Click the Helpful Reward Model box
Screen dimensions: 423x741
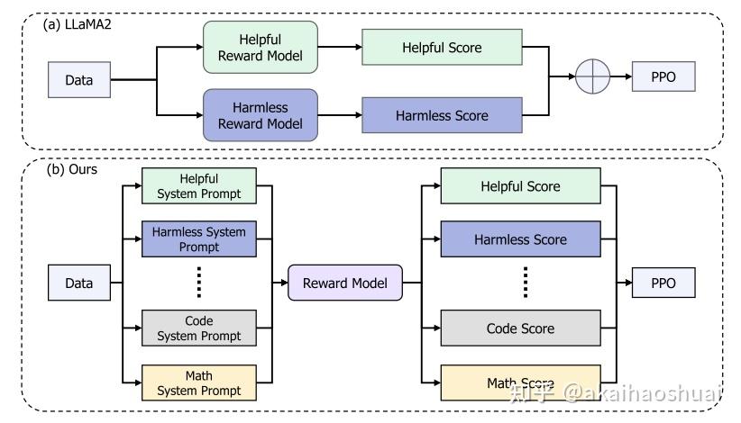point(261,48)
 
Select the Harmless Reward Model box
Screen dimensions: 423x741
point(261,115)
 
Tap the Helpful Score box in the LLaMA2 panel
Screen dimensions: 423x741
point(442,48)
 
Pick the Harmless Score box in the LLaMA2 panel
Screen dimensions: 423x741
point(442,115)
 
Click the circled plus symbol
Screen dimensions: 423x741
point(593,77)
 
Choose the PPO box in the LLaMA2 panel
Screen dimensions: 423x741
point(664,77)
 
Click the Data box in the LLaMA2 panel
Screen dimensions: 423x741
point(78,80)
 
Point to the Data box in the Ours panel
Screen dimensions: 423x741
point(78,283)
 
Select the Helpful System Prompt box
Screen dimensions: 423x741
point(199,186)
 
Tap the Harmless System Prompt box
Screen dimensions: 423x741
point(199,239)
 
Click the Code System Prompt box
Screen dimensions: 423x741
point(199,328)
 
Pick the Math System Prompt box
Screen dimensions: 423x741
point(199,382)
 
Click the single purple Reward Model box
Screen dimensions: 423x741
point(344,283)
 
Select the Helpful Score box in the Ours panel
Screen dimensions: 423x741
point(520,186)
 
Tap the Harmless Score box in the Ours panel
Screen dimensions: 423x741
point(520,239)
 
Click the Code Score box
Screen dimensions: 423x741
point(520,328)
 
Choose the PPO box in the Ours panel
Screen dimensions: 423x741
point(664,283)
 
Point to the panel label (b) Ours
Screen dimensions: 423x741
point(70,168)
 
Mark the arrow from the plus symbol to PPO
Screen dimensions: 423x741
point(621,77)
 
